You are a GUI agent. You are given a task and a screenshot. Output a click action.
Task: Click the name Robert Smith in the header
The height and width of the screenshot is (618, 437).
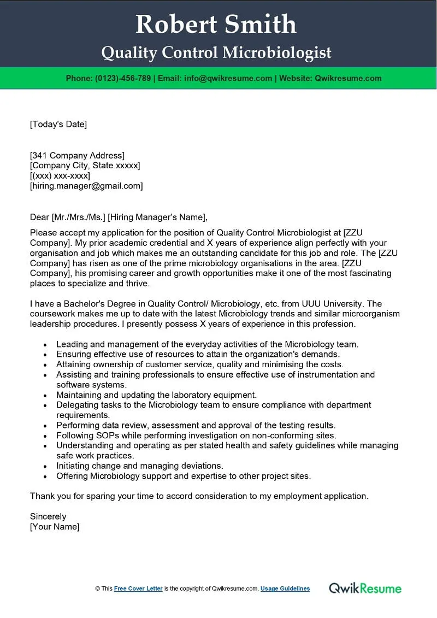[x=216, y=24]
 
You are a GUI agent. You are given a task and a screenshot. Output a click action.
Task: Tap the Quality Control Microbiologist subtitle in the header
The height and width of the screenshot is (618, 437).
[x=216, y=52]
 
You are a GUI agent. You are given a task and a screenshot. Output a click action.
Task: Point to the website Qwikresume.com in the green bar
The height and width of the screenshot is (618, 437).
[x=348, y=78]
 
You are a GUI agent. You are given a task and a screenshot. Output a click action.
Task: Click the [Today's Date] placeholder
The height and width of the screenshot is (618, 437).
[x=58, y=124]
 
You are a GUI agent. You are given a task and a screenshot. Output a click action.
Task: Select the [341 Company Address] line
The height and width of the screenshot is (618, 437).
[x=77, y=156]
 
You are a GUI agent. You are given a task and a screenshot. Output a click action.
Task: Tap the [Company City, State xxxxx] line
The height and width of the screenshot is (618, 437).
[x=85, y=166]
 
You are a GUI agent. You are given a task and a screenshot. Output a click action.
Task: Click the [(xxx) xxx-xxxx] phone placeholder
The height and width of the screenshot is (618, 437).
[x=60, y=176]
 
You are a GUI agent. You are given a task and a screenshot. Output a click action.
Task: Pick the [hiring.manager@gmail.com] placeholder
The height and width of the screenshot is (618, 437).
[x=86, y=186]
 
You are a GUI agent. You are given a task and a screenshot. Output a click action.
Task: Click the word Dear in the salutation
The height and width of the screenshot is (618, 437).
[x=39, y=217]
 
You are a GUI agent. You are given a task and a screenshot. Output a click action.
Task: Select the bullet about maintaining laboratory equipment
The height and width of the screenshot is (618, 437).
[x=156, y=395]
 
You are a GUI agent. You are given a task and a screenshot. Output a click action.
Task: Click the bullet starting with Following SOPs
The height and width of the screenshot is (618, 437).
[x=196, y=435]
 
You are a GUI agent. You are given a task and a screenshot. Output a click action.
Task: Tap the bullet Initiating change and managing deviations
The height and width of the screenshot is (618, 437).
[x=140, y=466]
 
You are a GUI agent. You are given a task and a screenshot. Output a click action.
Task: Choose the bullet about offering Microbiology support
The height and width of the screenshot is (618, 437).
[x=184, y=476]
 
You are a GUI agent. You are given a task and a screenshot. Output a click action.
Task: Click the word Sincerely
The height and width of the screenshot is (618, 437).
[x=48, y=516]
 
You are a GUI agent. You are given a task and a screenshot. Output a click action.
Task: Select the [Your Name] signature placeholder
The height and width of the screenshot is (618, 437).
[x=55, y=527]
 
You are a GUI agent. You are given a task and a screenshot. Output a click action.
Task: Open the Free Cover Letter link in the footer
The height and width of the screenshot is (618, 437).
[x=138, y=588]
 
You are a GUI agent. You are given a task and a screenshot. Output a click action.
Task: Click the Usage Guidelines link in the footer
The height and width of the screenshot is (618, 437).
[x=285, y=588]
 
